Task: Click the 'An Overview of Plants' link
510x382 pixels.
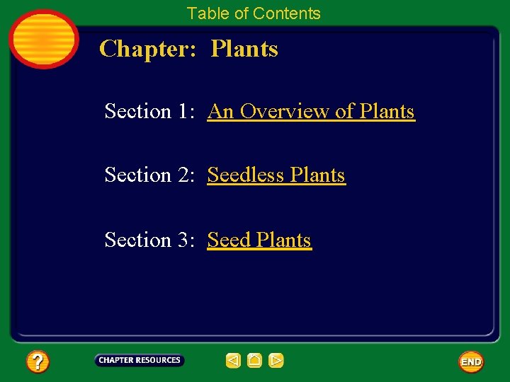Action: [310, 112]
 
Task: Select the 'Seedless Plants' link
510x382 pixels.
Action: [276, 175]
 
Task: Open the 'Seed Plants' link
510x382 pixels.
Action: [259, 241]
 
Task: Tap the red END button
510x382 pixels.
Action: [470, 361]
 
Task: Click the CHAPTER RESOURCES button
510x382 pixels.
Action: [139, 361]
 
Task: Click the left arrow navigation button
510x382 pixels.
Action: [233, 361]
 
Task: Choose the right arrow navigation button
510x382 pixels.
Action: [276, 361]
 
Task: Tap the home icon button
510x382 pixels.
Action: [255, 361]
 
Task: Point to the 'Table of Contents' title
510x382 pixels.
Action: [254, 13]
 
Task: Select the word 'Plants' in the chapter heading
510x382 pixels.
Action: [244, 49]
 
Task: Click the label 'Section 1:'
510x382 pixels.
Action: [148, 112]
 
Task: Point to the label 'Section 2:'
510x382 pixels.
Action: [148, 175]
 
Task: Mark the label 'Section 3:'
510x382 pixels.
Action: [148, 241]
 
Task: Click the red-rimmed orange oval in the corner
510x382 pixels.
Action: [43, 39]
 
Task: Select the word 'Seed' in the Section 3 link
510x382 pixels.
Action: [229, 241]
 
